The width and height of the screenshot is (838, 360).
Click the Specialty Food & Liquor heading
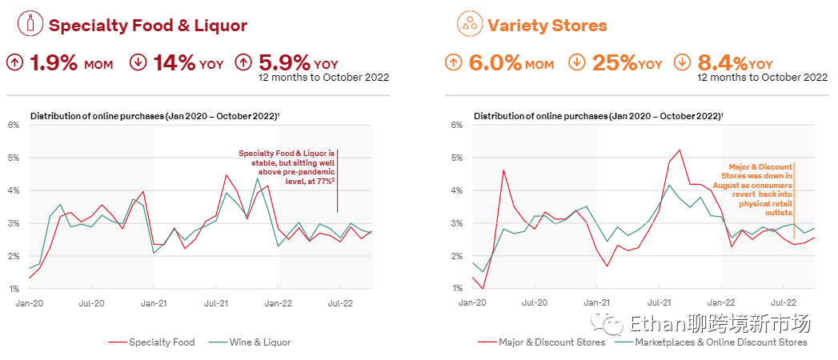tap(147, 26)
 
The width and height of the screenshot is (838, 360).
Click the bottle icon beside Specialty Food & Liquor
tap(30, 23)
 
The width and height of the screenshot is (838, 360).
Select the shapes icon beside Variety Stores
tap(469, 24)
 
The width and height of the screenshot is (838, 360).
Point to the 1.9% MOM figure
tap(70, 63)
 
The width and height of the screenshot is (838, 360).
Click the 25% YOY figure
tap(627, 63)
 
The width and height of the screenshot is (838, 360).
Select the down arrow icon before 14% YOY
tap(138, 62)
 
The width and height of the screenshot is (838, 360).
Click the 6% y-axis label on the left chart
tap(14, 125)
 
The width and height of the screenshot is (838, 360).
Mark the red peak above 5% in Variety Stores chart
tap(680, 150)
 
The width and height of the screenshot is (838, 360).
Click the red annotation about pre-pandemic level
tap(287, 167)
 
